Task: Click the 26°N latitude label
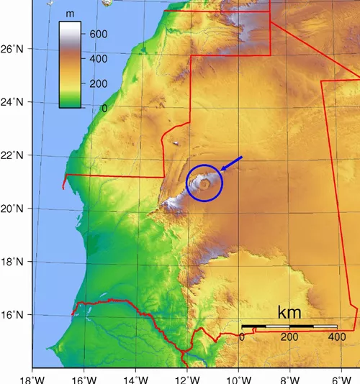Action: pos(13,49)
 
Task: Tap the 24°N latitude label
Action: pos(13,102)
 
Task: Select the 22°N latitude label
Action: pos(13,155)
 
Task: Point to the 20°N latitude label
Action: pos(13,209)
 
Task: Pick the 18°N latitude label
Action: pos(13,262)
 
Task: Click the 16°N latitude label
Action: pos(13,315)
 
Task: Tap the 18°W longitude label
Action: pos(32,378)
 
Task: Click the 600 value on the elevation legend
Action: pos(98,34)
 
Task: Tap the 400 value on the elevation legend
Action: pos(98,58)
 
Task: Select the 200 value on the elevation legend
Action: pos(98,83)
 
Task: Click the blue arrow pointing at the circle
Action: pos(232,164)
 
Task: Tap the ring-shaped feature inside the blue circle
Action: pos(205,184)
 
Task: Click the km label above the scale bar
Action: pos(289,313)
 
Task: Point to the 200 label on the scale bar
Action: pos(289,337)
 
